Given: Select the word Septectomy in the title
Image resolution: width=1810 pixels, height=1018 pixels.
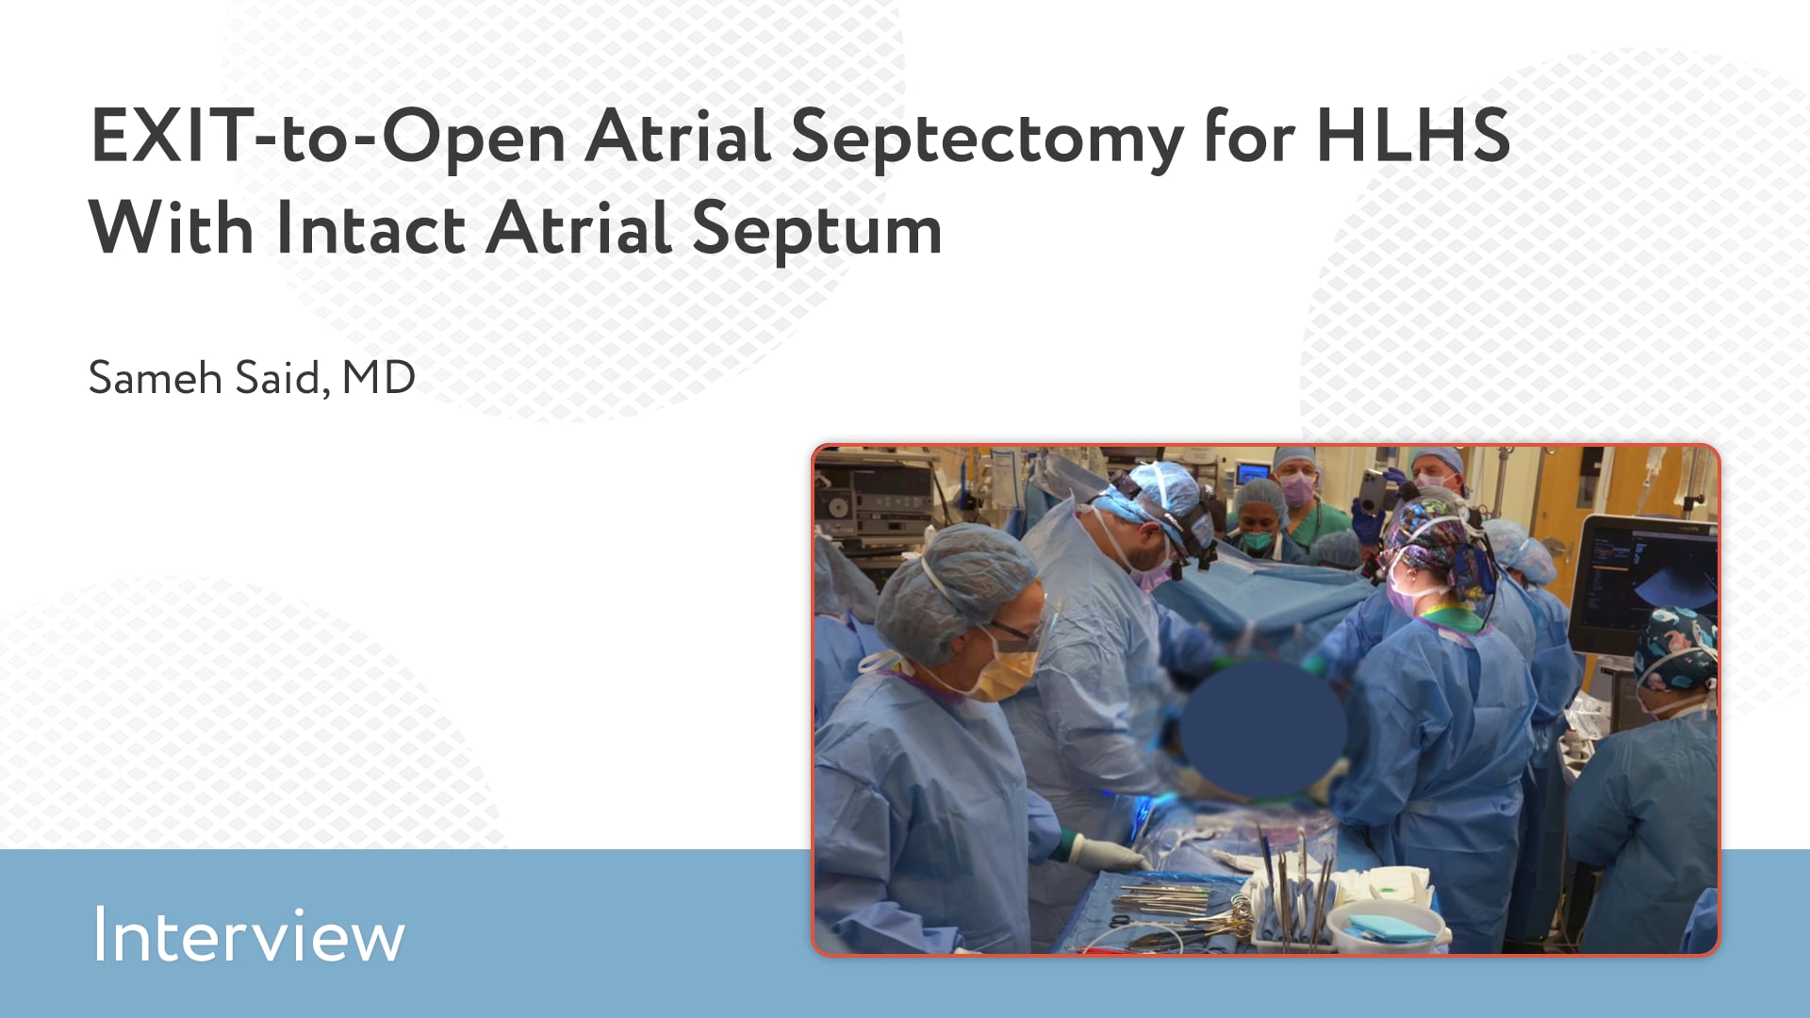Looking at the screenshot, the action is tap(987, 140).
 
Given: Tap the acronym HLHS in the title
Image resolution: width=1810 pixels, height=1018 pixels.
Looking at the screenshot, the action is tap(1413, 135).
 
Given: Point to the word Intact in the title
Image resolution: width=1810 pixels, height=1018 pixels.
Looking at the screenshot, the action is tap(370, 228).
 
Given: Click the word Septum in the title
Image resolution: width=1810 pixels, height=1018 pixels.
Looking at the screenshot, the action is tap(816, 231).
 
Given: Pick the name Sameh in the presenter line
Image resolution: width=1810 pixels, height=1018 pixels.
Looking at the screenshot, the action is tap(155, 378).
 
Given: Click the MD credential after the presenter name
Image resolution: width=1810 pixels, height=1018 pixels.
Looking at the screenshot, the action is tap(378, 378).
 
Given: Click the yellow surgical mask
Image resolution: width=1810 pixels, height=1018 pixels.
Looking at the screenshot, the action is tap(1005, 671).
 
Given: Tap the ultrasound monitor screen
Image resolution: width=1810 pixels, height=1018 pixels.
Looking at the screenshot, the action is tap(1644, 575).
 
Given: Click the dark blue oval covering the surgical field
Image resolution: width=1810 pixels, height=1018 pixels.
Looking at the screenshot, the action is tap(1263, 727).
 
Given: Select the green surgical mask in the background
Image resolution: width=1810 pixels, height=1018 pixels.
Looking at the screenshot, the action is tap(1257, 540).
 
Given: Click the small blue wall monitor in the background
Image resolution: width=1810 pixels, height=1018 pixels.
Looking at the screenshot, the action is tap(1255, 470).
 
